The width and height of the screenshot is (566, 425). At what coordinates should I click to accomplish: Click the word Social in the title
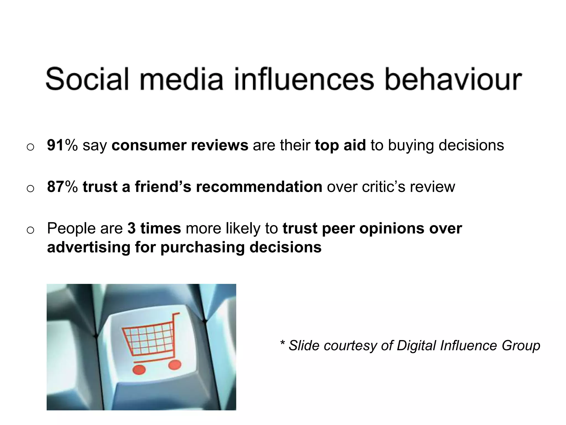[87, 79]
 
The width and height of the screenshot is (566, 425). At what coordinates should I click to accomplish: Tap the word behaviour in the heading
[453, 79]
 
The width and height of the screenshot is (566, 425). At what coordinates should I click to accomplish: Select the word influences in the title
[304, 79]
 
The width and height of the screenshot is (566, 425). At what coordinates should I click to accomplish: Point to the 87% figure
[62, 186]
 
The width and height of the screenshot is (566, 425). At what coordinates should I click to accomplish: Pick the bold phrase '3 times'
[154, 228]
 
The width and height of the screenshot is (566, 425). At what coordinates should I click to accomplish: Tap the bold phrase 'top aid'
[340, 146]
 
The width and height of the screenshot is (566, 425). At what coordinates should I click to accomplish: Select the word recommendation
[259, 186]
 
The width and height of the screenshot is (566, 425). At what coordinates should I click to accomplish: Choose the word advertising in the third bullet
[89, 247]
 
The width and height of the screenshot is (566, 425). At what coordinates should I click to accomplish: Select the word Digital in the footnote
[416, 346]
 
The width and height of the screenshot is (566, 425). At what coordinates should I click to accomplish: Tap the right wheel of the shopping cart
[174, 365]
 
